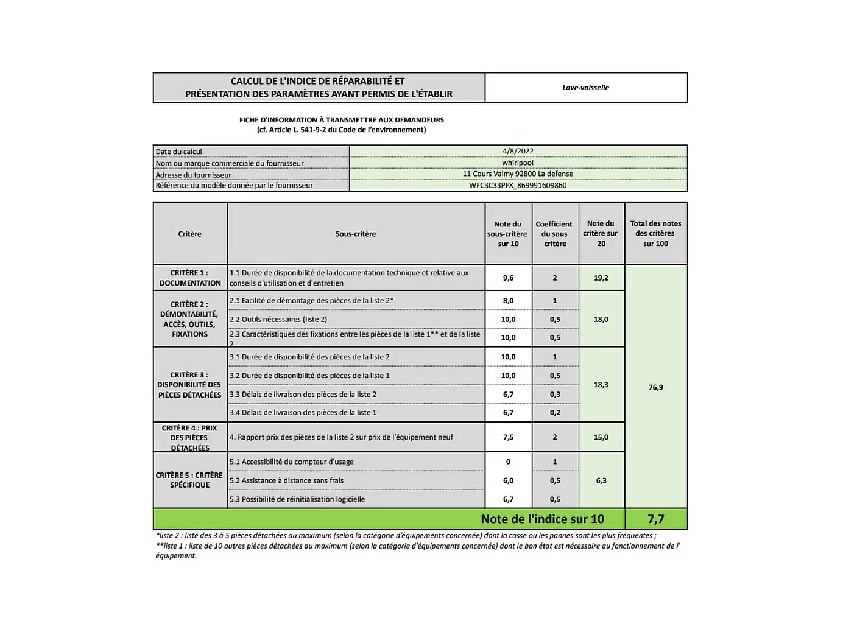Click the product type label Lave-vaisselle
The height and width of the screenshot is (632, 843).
click(x=585, y=88)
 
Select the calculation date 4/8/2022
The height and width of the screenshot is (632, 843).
click(x=518, y=151)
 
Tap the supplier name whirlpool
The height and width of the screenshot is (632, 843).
click(x=518, y=163)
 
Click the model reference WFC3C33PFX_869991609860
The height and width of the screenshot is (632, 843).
click(x=518, y=185)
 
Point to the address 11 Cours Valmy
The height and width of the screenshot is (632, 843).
click(x=518, y=174)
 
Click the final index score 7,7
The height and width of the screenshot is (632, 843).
click(x=656, y=519)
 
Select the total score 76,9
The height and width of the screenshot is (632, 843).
click(x=656, y=387)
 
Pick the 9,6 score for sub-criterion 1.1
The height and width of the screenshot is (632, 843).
click(x=508, y=278)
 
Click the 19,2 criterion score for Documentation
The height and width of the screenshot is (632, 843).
click(x=601, y=278)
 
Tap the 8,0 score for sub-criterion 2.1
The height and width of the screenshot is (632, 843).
click(x=508, y=301)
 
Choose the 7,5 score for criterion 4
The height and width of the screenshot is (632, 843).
click(x=508, y=437)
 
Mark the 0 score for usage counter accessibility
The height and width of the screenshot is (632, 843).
click(x=508, y=462)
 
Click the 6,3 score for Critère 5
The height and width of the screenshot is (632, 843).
click(x=601, y=480)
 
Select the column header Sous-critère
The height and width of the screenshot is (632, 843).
click(x=356, y=234)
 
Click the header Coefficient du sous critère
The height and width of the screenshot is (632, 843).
click(x=555, y=234)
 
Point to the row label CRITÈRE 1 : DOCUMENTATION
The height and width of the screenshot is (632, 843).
click(x=190, y=278)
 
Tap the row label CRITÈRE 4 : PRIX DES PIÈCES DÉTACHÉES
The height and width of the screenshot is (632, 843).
click(x=190, y=438)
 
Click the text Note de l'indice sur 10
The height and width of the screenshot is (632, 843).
click(x=542, y=519)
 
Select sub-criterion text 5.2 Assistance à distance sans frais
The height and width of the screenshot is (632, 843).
click(x=287, y=480)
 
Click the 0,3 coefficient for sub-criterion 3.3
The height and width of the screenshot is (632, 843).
click(x=555, y=395)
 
